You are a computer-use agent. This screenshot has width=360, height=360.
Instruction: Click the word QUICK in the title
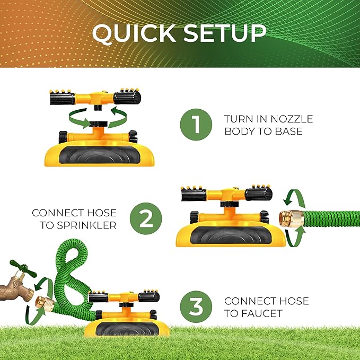(134, 34)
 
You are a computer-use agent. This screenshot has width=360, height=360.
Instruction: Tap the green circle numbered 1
(196, 125)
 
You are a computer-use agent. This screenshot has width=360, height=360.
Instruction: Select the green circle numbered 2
(146, 218)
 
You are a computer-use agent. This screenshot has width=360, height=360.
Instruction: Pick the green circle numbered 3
(196, 307)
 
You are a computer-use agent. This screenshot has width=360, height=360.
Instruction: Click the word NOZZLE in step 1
(292, 119)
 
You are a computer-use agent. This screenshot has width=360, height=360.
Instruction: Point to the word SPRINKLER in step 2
(86, 225)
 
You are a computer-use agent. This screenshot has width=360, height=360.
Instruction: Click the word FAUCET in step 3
(253, 313)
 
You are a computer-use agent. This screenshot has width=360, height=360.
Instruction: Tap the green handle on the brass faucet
(23, 268)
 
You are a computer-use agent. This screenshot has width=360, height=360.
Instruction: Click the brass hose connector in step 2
(292, 218)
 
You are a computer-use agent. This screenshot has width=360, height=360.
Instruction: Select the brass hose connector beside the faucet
(45, 304)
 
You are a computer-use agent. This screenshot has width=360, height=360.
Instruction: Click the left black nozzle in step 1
(62, 98)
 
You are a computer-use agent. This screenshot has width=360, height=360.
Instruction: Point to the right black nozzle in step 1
(127, 96)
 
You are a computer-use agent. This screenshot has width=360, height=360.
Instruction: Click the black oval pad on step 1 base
(100, 155)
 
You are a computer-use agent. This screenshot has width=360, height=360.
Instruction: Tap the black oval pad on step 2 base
(231, 235)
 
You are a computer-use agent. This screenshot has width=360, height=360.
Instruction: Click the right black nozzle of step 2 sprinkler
(258, 193)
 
